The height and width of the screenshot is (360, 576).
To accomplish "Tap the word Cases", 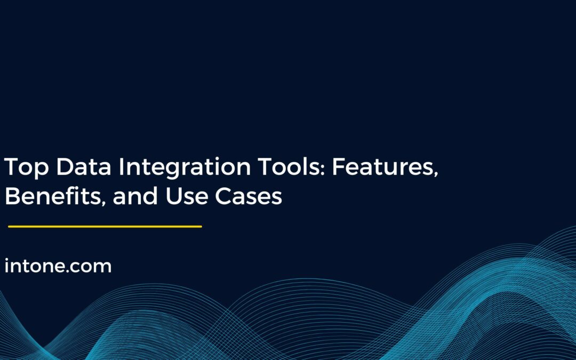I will tap(249, 197).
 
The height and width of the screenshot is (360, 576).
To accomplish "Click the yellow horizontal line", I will tap(105, 227).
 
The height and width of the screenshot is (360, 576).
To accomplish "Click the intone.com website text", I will tap(58, 266).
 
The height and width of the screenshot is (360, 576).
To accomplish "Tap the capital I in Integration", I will tap(122, 169).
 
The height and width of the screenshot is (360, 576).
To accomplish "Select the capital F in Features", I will tap(338, 169).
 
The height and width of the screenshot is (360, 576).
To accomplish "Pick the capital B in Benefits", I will tap(12, 197).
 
